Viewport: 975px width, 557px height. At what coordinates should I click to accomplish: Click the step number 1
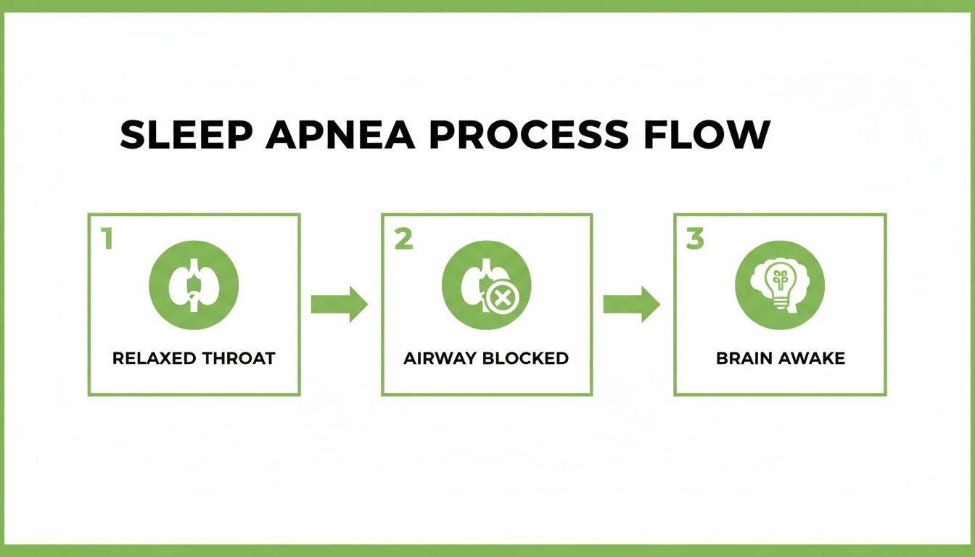point(107,239)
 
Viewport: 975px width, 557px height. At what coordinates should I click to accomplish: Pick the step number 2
point(403,239)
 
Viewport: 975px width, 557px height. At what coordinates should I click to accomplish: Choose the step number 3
point(695,239)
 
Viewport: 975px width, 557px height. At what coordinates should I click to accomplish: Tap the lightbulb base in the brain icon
point(781,305)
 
